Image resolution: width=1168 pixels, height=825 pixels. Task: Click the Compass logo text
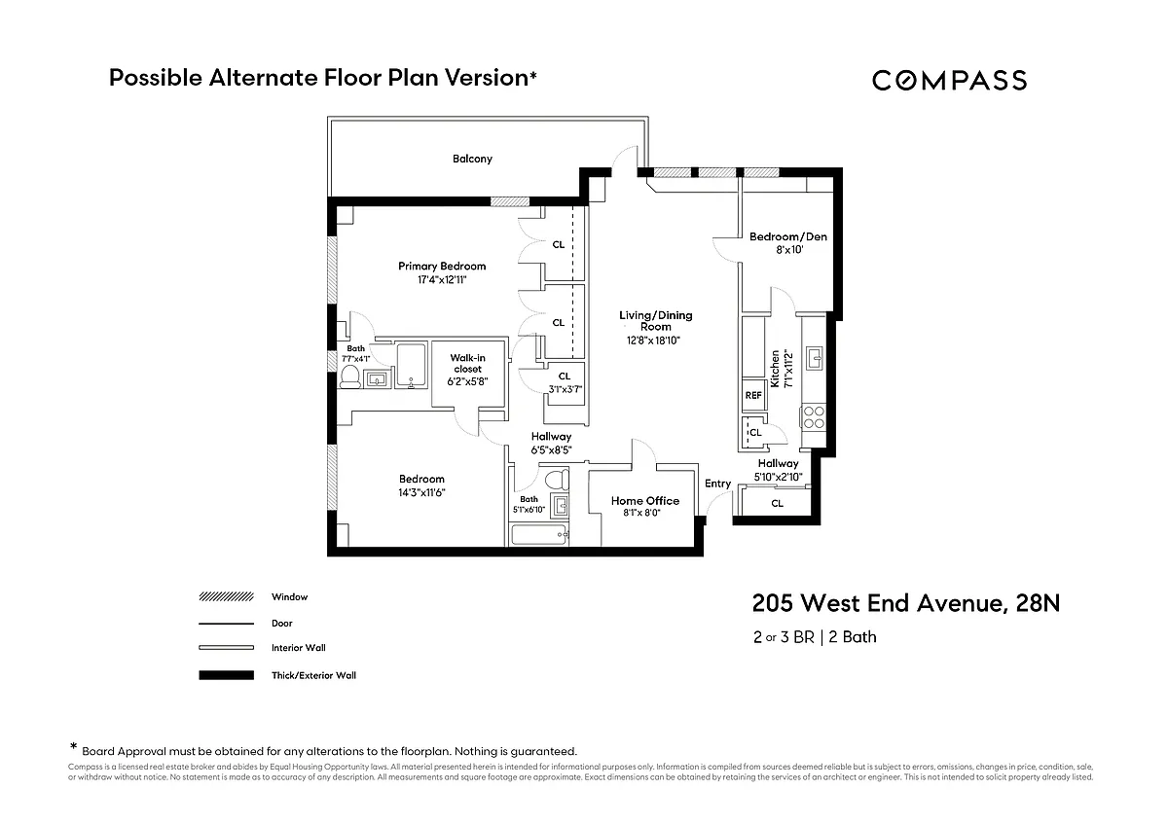click(949, 81)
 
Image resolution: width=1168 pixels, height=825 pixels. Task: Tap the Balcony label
click(472, 159)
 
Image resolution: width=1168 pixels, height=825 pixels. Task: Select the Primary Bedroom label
click(442, 266)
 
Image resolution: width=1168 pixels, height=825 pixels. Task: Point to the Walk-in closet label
click(467, 363)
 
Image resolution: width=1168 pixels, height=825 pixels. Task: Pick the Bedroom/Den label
click(788, 236)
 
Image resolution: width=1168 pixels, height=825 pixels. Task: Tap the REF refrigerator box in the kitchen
click(753, 395)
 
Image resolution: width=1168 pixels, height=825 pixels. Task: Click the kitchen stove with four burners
click(813, 417)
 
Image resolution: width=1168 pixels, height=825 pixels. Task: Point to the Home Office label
click(645, 500)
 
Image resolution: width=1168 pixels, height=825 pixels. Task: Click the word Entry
click(718, 484)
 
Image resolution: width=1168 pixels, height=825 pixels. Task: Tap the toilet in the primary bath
click(349, 377)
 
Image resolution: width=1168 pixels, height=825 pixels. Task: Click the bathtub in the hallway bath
click(540, 534)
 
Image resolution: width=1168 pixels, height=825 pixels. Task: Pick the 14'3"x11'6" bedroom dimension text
click(421, 492)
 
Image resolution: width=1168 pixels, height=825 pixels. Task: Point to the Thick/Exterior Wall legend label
click(313, 675)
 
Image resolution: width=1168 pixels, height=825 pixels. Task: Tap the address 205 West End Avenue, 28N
click(905, 604)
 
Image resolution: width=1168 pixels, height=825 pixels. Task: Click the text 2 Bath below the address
click(853, 637)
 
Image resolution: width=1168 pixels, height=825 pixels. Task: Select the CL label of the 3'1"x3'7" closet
click(565, 377)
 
